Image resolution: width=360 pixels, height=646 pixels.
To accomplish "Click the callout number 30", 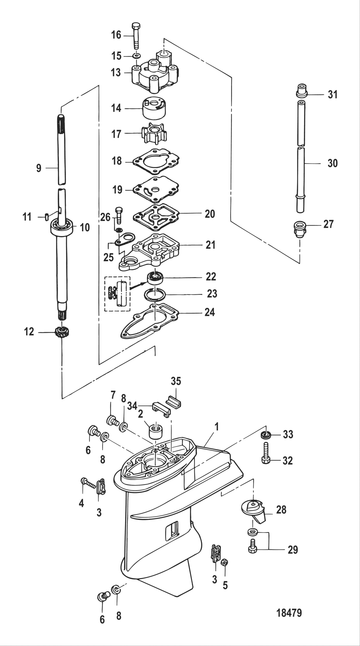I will pyautogui.click(x=332, y=163).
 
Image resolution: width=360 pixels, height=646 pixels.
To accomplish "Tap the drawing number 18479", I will pyautogui.click(x=289, y=613).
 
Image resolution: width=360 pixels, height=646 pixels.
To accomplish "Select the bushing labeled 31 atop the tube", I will pyautogui.click(x=301, y=90).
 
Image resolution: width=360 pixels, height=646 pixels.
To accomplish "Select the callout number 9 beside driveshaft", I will pyautogui.click(x=39, y=168).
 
